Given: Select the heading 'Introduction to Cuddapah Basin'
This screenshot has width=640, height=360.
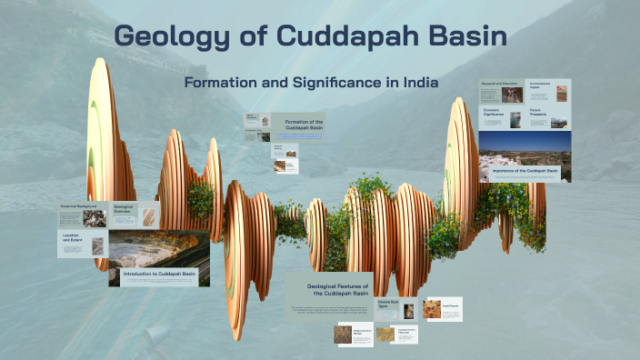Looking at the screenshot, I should (x=159, y=273).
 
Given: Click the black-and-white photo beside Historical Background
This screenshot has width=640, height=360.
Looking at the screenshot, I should (x=93, y=217).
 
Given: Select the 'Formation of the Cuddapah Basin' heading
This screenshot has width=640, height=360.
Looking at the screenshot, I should (x=304, y=124).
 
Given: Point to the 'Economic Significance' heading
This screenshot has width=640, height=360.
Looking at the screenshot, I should (x=494, y=114).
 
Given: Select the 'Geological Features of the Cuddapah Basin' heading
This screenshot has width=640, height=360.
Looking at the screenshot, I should (x=331, y=288).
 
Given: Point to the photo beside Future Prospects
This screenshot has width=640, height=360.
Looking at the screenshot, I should (x=562, y=119).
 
